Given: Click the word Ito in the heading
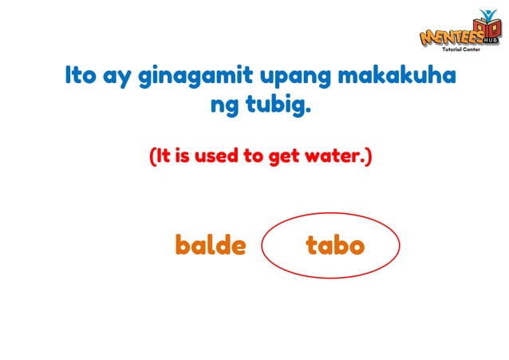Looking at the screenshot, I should point(81,77).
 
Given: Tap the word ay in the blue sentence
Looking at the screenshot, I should point(119,78).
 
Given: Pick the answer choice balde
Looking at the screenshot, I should point(211,245).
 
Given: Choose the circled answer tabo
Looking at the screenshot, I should point(335,245).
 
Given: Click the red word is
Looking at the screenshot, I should point(183,156).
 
